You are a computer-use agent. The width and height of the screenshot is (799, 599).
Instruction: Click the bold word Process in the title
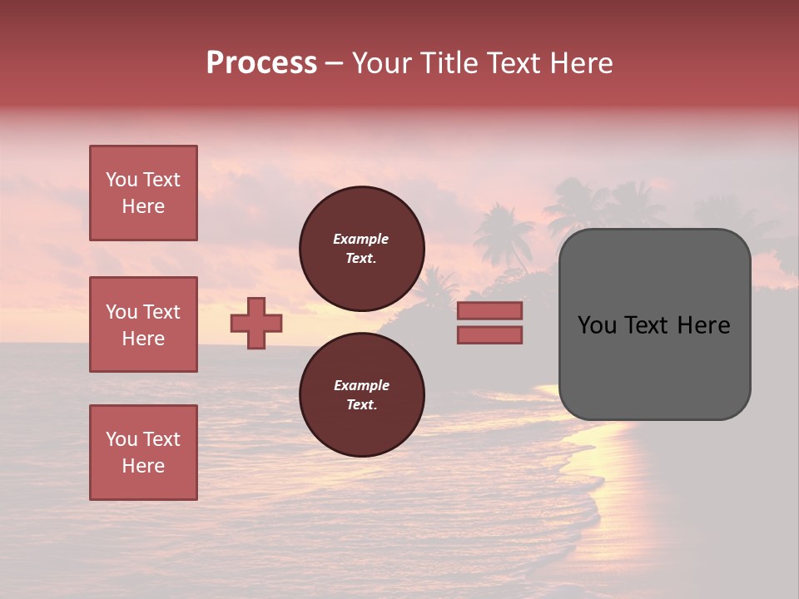pos(261,63)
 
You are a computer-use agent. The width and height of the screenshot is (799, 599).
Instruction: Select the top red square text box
pos(143,193)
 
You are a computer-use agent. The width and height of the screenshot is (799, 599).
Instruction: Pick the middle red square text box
pos(143,324)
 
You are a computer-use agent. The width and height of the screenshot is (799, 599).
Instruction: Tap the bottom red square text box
pos(143,453)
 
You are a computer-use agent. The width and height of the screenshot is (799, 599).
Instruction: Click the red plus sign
pos(256,323)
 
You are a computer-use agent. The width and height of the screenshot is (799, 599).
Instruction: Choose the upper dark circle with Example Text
pos(361,249)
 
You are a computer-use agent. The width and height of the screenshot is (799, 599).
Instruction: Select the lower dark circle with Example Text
pos(361,395)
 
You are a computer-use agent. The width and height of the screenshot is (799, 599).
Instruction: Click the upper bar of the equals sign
pos(489,311)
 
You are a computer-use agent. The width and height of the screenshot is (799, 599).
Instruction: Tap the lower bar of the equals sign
pos(489,335)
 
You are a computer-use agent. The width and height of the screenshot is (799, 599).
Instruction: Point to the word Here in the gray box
pos(702,325)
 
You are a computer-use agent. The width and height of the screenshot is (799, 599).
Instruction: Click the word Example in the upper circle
pos(361,239)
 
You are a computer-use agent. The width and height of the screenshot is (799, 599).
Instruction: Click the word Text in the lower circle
pos(361,405)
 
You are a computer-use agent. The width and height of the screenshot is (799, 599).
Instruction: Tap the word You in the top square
pos(122,180)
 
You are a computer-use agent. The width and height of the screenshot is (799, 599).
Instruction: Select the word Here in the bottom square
pos(143,466)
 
